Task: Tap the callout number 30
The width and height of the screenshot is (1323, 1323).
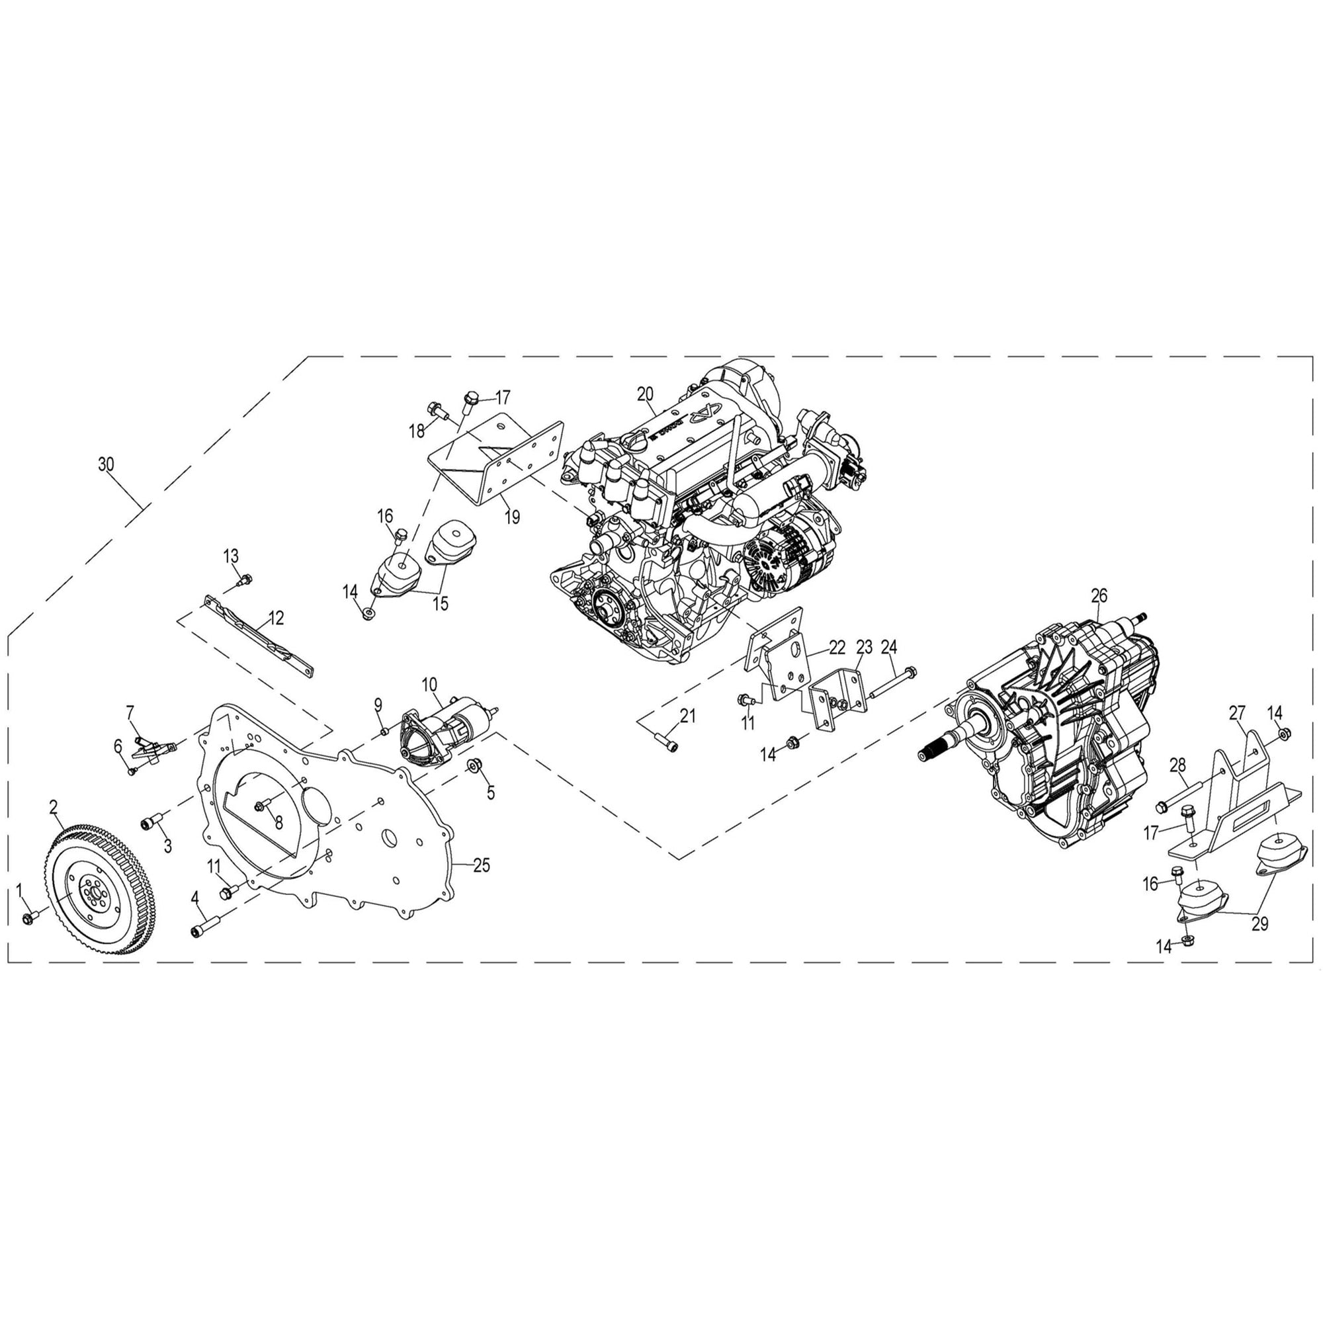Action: coord(105,464)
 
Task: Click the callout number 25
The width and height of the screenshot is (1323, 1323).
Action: coord(482,865)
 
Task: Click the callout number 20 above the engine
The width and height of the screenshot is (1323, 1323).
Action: coord(645,394)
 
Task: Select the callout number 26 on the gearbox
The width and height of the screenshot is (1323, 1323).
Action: coord(1098,596)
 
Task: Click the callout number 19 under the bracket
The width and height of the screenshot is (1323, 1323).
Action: coord(511,517)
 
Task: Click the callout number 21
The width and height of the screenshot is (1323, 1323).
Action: coord(687,717)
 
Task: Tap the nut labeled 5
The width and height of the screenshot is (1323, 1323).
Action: coord(472,764)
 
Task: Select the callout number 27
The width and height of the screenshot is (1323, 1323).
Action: coord(1237,713)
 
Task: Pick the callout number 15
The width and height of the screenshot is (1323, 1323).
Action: coord(441,604)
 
